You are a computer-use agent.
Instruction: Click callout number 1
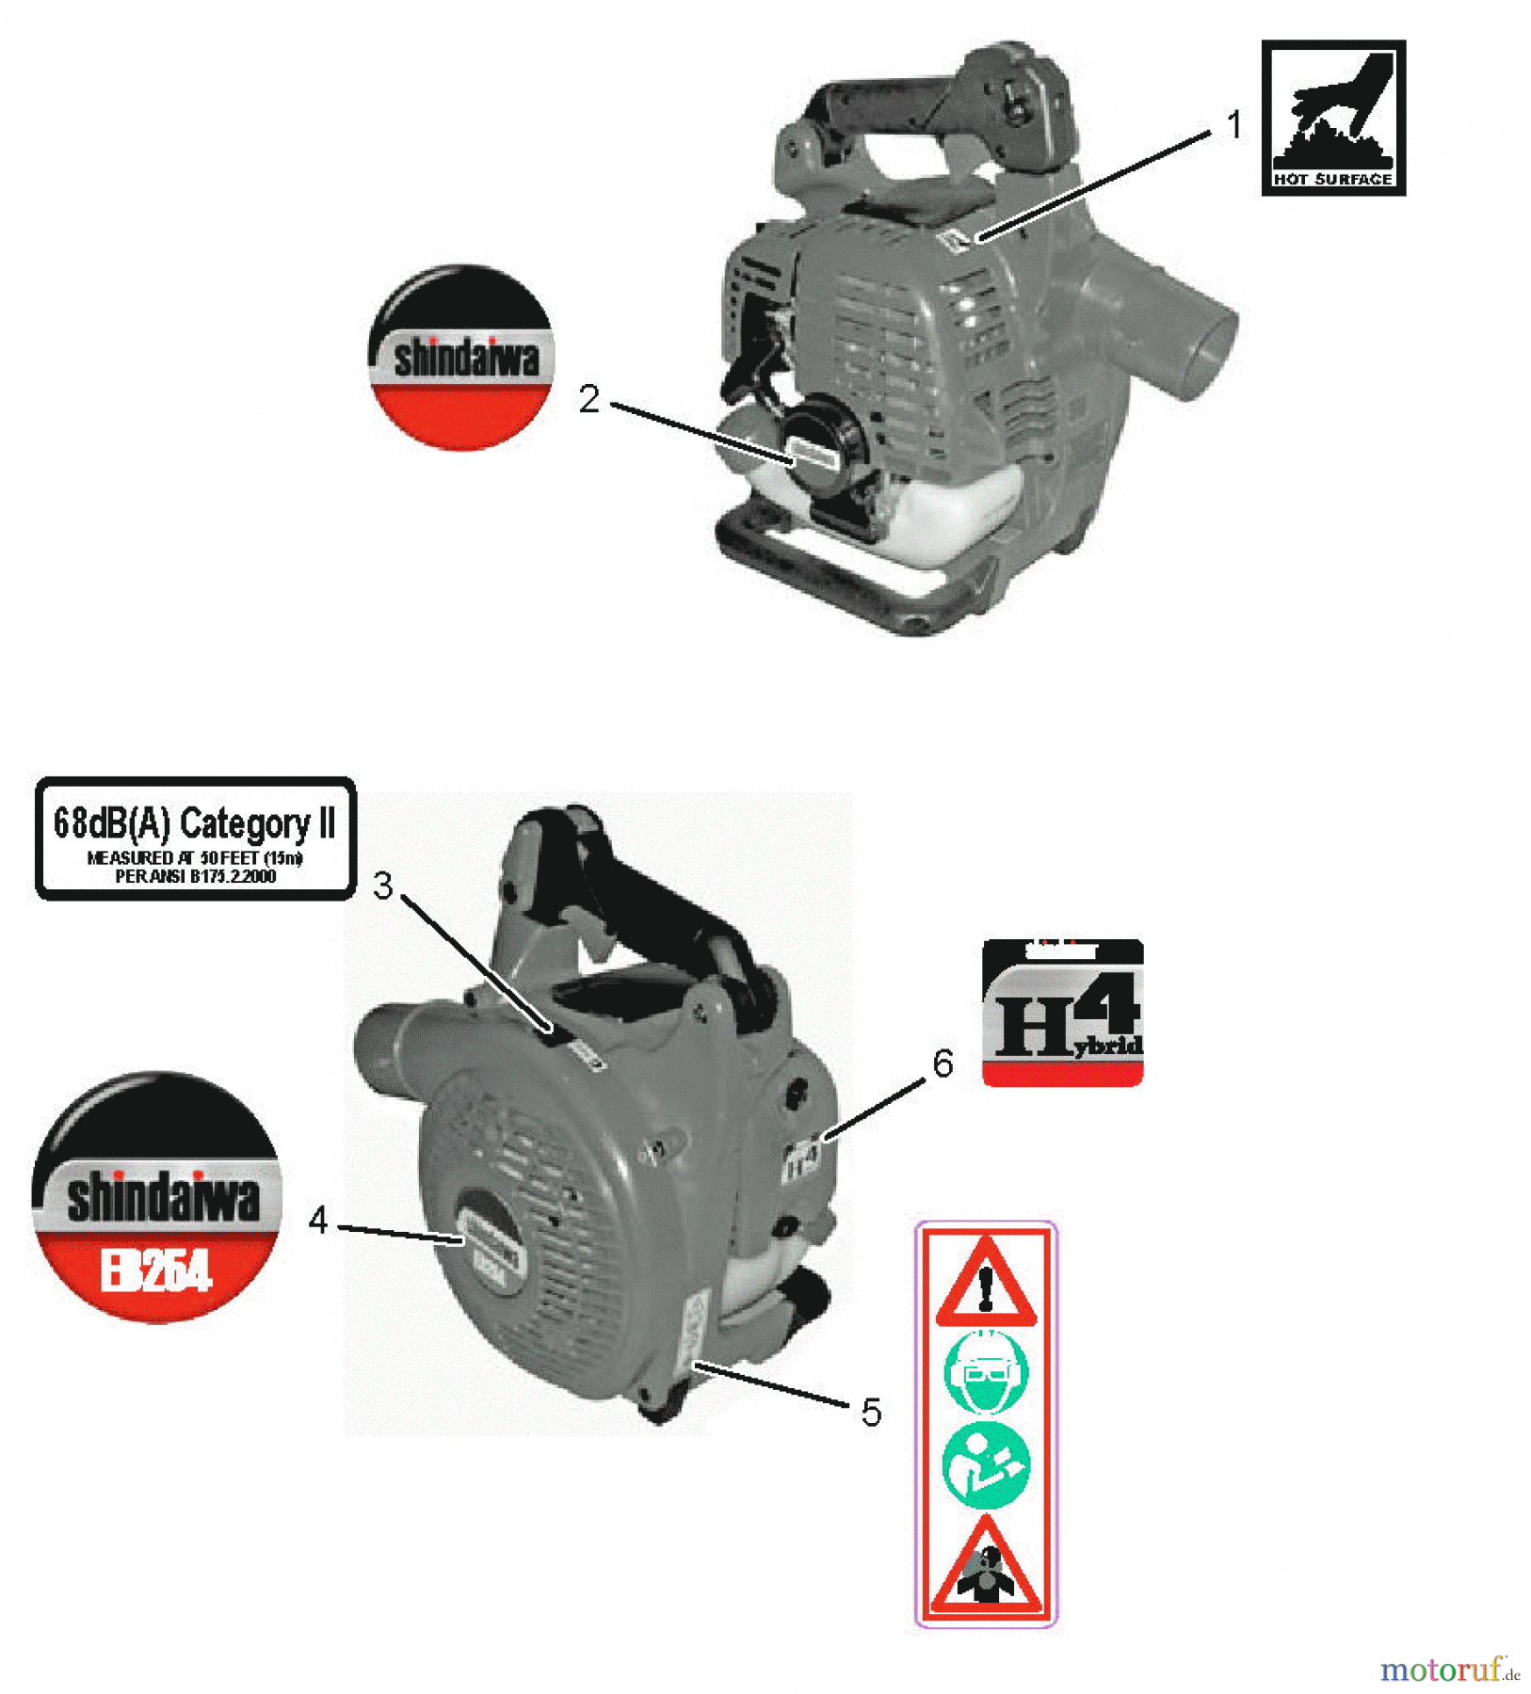tap(1234, 125)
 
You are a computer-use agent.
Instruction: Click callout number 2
tap(589, 399)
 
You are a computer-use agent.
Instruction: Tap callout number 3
tap(383, 886)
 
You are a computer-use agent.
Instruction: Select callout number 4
tap(318, 1221)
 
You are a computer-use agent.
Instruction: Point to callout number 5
tap(871, 1413)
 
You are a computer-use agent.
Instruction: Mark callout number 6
tap(943, 1063)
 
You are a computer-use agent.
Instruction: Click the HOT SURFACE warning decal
tap(1333, 118)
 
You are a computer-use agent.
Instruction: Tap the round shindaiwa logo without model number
tap(460, 358)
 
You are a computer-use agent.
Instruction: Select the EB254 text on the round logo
tap(156, 1271)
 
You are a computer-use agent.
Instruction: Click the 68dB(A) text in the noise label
tap(112, 823)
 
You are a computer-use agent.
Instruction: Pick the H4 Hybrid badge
tap(1063, 1013)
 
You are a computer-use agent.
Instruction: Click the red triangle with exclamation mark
tap(985, 1283)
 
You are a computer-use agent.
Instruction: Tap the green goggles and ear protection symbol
tap(986, 1373)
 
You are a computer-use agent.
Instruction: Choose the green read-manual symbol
tap(986, 1465)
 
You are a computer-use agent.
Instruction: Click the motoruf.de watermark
tap(1449, 1670)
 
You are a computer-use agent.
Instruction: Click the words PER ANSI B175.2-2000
tap(196, 877)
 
